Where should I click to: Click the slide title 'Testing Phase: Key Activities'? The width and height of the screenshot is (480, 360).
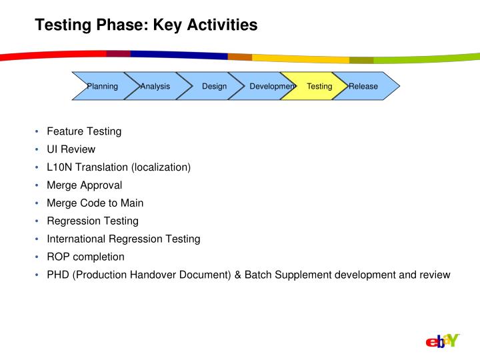tap(145, 25)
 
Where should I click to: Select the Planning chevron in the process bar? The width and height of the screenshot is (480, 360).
tap(102, 86)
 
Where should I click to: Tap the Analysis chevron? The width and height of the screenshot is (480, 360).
tap(155, 86)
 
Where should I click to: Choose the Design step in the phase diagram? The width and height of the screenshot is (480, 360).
tap(214, 86)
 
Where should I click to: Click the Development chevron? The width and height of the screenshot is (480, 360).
tap(270, 86)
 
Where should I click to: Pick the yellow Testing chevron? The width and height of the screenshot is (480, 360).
tap(319, 86)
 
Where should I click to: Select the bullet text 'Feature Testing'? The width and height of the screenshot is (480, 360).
tap(84, 131)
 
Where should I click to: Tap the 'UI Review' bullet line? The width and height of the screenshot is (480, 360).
tap(71, 149)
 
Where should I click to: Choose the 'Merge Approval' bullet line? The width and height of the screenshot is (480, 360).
tap(84, 185)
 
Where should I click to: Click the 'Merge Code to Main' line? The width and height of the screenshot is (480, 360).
tap(95, 203)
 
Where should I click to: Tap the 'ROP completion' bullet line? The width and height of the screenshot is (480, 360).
tap(85, 257)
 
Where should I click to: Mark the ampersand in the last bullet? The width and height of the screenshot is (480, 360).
tap(238, 275)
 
